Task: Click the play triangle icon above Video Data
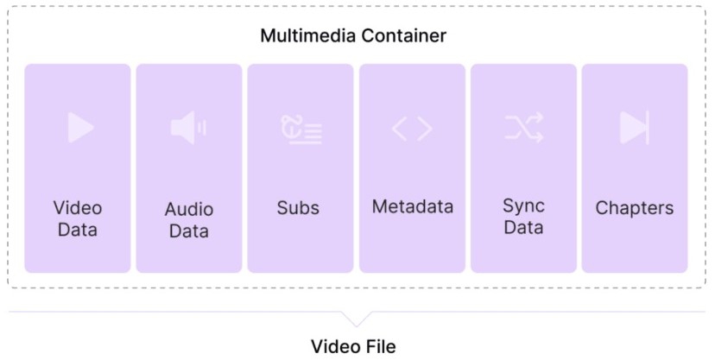[x=80, y=128]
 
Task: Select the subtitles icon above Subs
[x=301, y=129]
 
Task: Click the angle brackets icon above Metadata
[x=412, y=129]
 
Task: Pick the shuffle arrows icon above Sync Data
[x=523, y=129]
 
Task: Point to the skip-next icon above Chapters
[x=634, y=129]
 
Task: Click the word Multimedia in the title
[x=304, y=36]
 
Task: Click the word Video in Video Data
[x=78, y=208]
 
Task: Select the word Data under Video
[x=78, y=230]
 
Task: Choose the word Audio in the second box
[x=189, y=210]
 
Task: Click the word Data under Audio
[x=189, y=231]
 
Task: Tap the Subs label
[x=298, y=208]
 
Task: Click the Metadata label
[x=413, y=207]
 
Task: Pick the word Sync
[x=523, y=206]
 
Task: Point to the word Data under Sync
[x=523, y=228]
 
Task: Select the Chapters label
[x=635, y=208]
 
